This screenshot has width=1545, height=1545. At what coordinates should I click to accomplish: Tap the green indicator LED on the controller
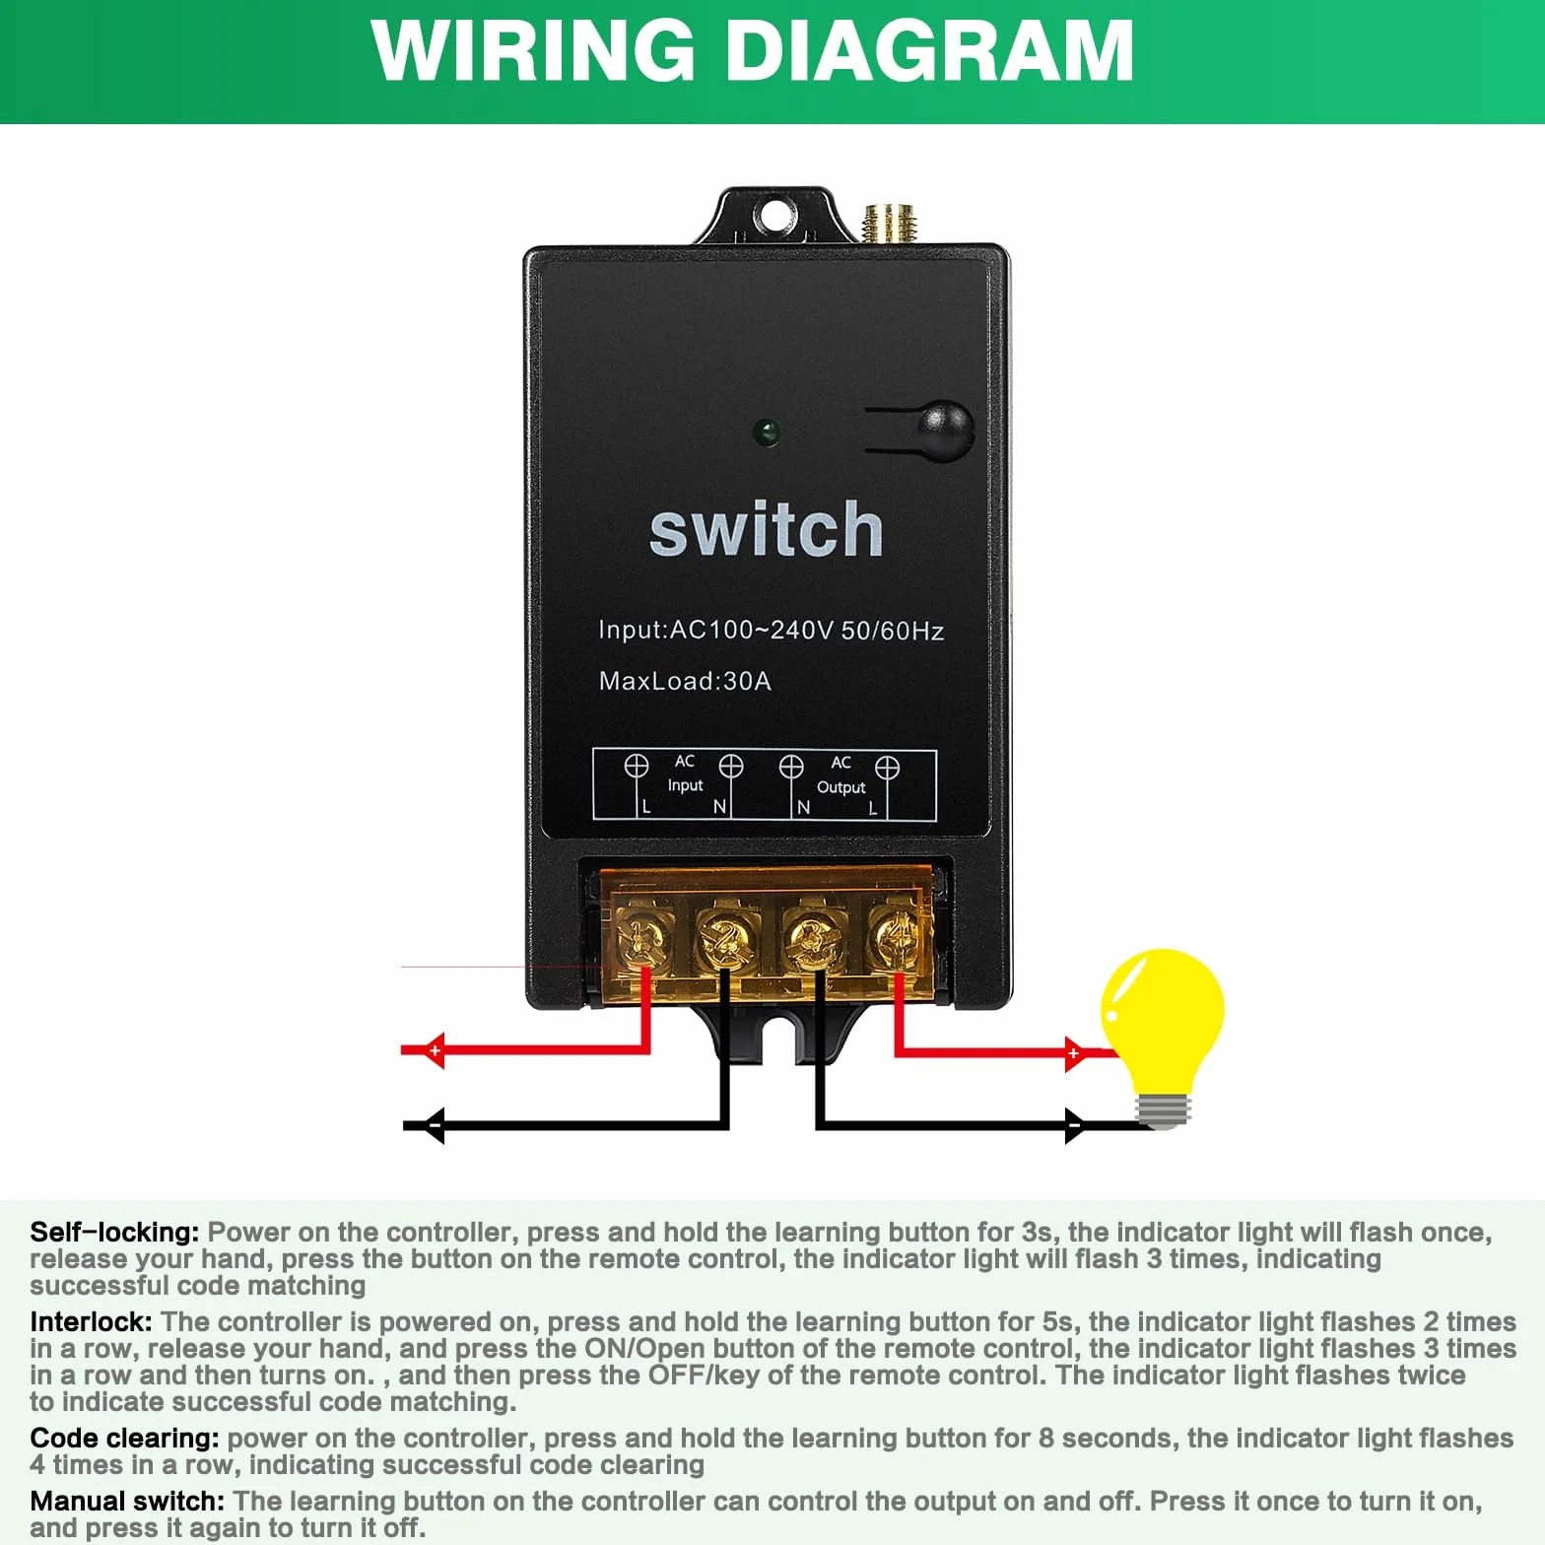(766, 433)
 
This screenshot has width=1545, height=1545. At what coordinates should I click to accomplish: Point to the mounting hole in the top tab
(774, 213)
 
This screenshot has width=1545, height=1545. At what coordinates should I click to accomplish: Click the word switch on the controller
(766, 529)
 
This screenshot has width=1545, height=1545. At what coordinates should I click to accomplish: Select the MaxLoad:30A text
(685, 681)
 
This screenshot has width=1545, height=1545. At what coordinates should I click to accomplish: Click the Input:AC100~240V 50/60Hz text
(771, 630)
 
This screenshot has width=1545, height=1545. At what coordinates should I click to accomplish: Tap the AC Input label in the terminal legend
(685, 773)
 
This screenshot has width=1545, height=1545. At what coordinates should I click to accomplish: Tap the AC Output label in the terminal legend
(840, 774)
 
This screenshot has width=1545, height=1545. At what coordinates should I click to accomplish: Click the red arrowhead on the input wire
(433, 1051)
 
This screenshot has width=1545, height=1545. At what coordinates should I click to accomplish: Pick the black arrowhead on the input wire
(433, 1125)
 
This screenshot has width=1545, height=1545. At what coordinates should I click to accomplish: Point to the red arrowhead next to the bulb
(1076, 1053)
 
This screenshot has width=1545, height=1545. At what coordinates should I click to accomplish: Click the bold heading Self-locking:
(114, 1233)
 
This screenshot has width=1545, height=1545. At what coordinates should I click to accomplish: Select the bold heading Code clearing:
(124, 1439)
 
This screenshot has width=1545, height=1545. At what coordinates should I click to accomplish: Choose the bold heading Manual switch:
(127, 1502)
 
